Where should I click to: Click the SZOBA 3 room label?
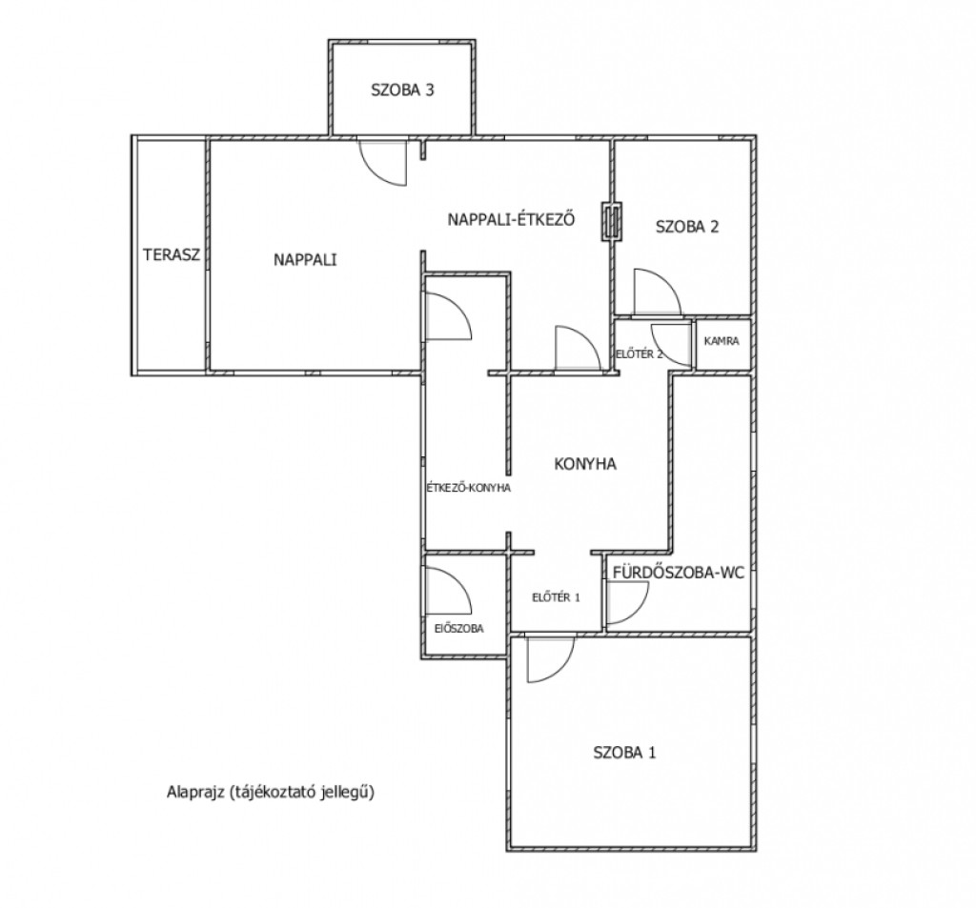point(402,91)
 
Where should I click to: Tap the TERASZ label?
point(172,254)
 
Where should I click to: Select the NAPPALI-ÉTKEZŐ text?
point(511,220)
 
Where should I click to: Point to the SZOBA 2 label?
point(687,227)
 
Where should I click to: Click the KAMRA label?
point(722,341)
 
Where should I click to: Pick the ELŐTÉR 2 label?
point(640,354)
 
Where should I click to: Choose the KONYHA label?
point(585,464)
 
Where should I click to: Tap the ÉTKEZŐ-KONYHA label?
point(468,488)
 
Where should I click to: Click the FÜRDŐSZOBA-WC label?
point(679,573)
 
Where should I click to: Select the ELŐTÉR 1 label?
point(556,597)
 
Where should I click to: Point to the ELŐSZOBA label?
point(458,629)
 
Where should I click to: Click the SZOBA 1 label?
point(624,753)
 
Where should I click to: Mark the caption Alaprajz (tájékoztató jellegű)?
point(271,793)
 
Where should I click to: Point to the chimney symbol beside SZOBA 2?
point(612,222)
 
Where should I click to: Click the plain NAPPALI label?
point(305,259)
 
